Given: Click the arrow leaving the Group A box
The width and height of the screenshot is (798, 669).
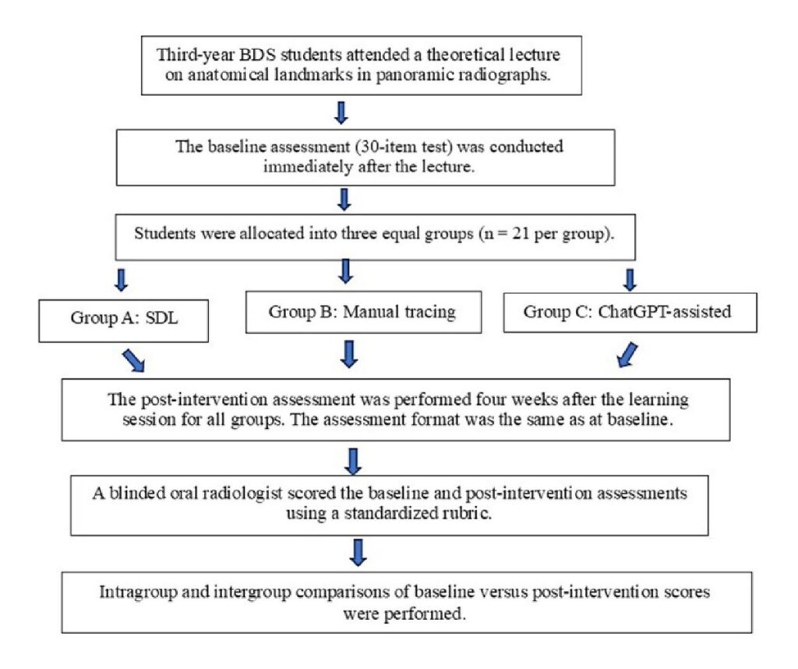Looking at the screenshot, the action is (x=134, y=360).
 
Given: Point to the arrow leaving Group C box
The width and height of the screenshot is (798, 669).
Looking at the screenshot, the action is (x=627, y=355).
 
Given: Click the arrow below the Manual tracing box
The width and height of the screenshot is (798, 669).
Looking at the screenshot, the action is (x=349, y=354).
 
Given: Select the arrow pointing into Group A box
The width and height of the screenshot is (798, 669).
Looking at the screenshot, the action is (x=121, y=279).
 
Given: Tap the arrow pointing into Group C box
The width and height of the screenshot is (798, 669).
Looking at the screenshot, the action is (x=630, y=279).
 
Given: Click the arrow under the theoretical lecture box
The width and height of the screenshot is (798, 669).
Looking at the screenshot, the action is (x=341, y=112).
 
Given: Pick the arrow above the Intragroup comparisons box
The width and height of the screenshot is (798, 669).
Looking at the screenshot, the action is (x=358, y=553).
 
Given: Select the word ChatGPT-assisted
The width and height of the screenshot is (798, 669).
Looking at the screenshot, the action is (x=665, y=312).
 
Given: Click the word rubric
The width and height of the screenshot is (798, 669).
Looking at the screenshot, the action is (x=468, y=513).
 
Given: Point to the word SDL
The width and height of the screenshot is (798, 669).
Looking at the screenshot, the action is (x=162, y=318).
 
